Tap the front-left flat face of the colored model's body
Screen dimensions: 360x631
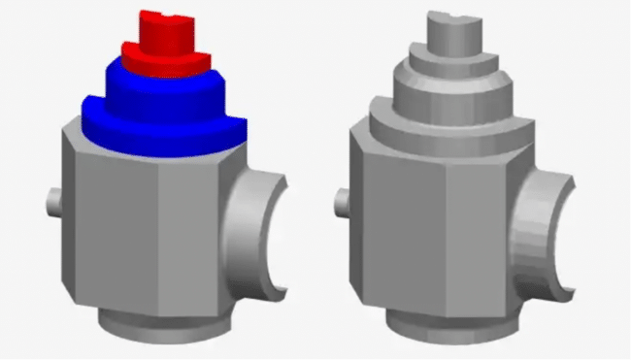(112, 233)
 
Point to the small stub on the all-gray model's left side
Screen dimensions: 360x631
(342, 202)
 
